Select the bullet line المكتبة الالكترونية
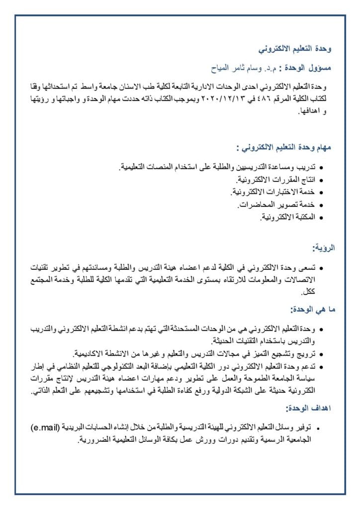(288, 218)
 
